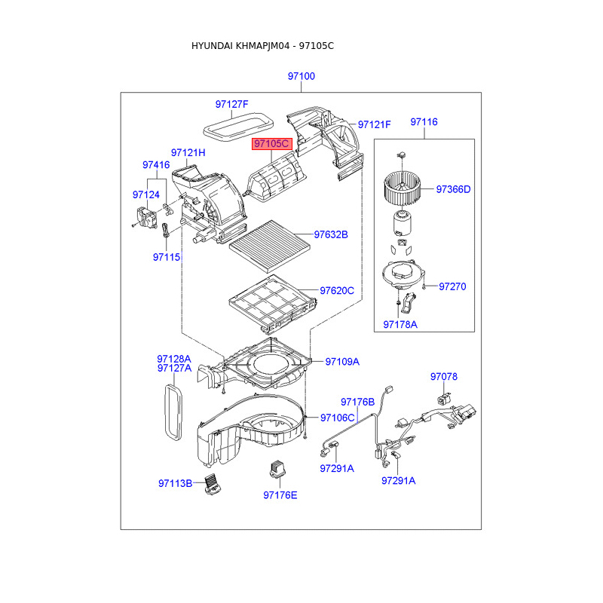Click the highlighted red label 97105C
(x=271, y=143)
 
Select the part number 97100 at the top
(x=301, y=76)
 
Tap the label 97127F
(x=231, y=104)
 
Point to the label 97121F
(x=374, y=124)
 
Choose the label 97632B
(x=331, y=234)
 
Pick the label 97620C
(x=336, y=290)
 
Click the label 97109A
(x=342, y=362)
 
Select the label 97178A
(x=399, y=324)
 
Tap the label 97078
(x=444, y=376)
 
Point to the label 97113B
(x=176, y=483)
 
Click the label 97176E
(x=280, y=495)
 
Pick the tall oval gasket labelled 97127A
(x=173, y=412)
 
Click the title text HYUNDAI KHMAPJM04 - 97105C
(x=262, y=46)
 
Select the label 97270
(x=452, y=286)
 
